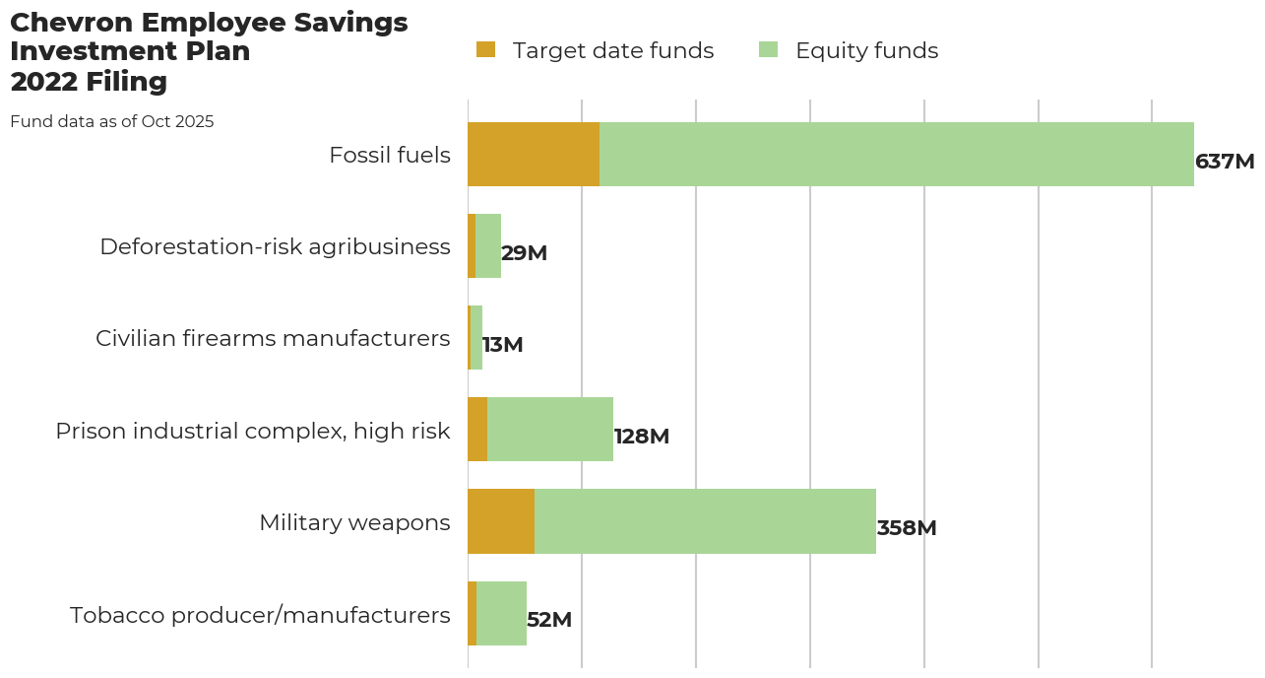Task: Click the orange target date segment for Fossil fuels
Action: tap(533, 155)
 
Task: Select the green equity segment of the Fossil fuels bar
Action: tap(896, 155)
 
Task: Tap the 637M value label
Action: tap(1224, 162)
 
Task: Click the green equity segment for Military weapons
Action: tap(705, 521)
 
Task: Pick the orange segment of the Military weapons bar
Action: tap(500, 521)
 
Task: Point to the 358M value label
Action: tap(906, 528)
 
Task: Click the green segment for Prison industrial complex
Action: tap(549, 430)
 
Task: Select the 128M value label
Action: tap(641, 437)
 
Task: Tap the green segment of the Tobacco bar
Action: tap(501, 613)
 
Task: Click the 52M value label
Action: tap(548, 620)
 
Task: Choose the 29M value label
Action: tap(524, 253)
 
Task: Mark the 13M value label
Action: tap(502, 345)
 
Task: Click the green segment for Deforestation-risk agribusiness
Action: tap(488, 246)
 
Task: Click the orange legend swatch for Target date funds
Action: tap(485, 49)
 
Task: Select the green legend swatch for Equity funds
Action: tap(768, 49)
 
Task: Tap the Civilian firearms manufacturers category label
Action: tap(273, 338)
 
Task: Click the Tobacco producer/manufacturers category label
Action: tap(260, 615)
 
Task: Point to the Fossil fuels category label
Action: tap(390, 155)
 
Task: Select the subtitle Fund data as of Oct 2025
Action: tap(111, 122)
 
